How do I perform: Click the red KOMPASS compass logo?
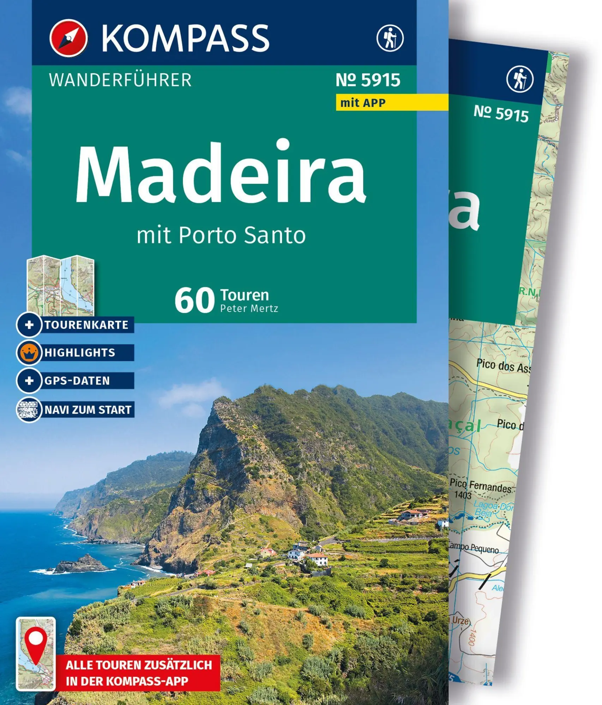pos(68,38)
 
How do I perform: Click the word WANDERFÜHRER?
pos(120,80)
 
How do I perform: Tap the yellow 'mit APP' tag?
pos(363,103)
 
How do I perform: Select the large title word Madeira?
pos(221,173)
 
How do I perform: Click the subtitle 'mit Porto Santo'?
pos(221,235)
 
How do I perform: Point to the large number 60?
pos(194,300)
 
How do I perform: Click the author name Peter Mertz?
pos(249,308)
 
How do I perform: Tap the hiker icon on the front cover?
pos(390,38)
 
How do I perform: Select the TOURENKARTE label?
pos(86,325)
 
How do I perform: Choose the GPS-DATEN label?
pos(77,381)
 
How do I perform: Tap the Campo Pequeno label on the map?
pos(474,548)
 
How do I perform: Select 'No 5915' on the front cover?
pos(368,80)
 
